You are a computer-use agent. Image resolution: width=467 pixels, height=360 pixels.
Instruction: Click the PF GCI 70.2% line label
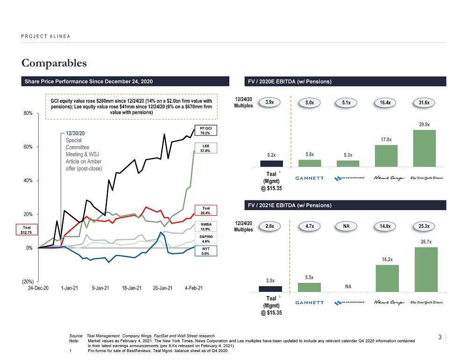tap(206, 130)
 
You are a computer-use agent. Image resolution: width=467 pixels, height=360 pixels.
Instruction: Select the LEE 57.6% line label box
tap(206, 148)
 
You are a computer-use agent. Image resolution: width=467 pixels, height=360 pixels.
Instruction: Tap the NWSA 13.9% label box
tap(206, 226)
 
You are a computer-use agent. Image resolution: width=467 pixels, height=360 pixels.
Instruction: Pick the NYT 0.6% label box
tap(206, 251)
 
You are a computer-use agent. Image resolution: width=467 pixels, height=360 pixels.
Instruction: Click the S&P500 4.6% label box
tap(206, 239)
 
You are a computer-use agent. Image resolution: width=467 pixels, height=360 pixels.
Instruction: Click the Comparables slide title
tap(54, 63)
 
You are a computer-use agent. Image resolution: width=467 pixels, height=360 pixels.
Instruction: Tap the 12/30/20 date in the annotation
tap(75, 133)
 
